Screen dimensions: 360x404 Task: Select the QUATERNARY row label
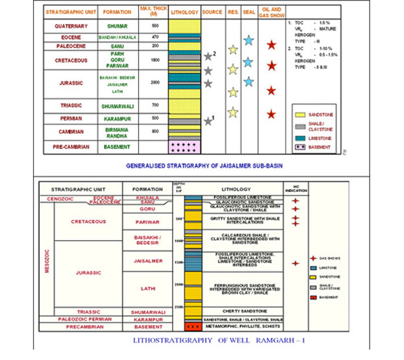[x=70, y=27]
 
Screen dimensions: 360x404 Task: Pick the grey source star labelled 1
[x=208, y=121]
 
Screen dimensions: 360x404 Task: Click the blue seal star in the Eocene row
[x=248, y=40]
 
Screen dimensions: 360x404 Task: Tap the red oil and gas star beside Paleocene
[x=271, y=45]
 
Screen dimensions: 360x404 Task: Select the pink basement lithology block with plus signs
[x=185, y=147]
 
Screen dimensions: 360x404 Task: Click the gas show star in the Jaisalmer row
[x=295, y=263]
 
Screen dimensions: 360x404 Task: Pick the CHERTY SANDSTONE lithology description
[x=242, y=311]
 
